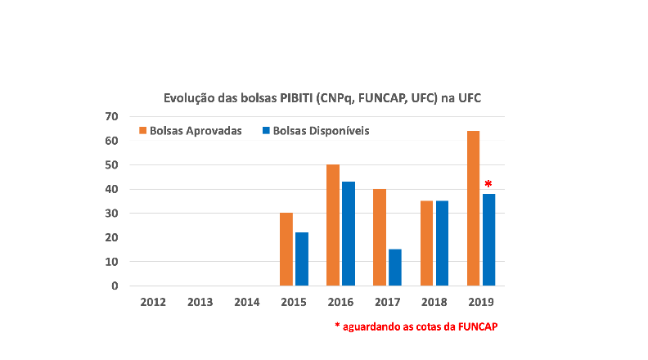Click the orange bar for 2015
(286, 250)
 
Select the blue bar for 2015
(302, 259)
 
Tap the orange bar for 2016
(333, 225)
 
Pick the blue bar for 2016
(349, 234)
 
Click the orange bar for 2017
(380, 237)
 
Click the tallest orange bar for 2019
(473, 208)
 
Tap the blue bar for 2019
(488, 240)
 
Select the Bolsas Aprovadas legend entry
(191, 131)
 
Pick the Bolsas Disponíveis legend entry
(314, 131)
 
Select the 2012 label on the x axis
(153, 302)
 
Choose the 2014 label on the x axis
(246, 302)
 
